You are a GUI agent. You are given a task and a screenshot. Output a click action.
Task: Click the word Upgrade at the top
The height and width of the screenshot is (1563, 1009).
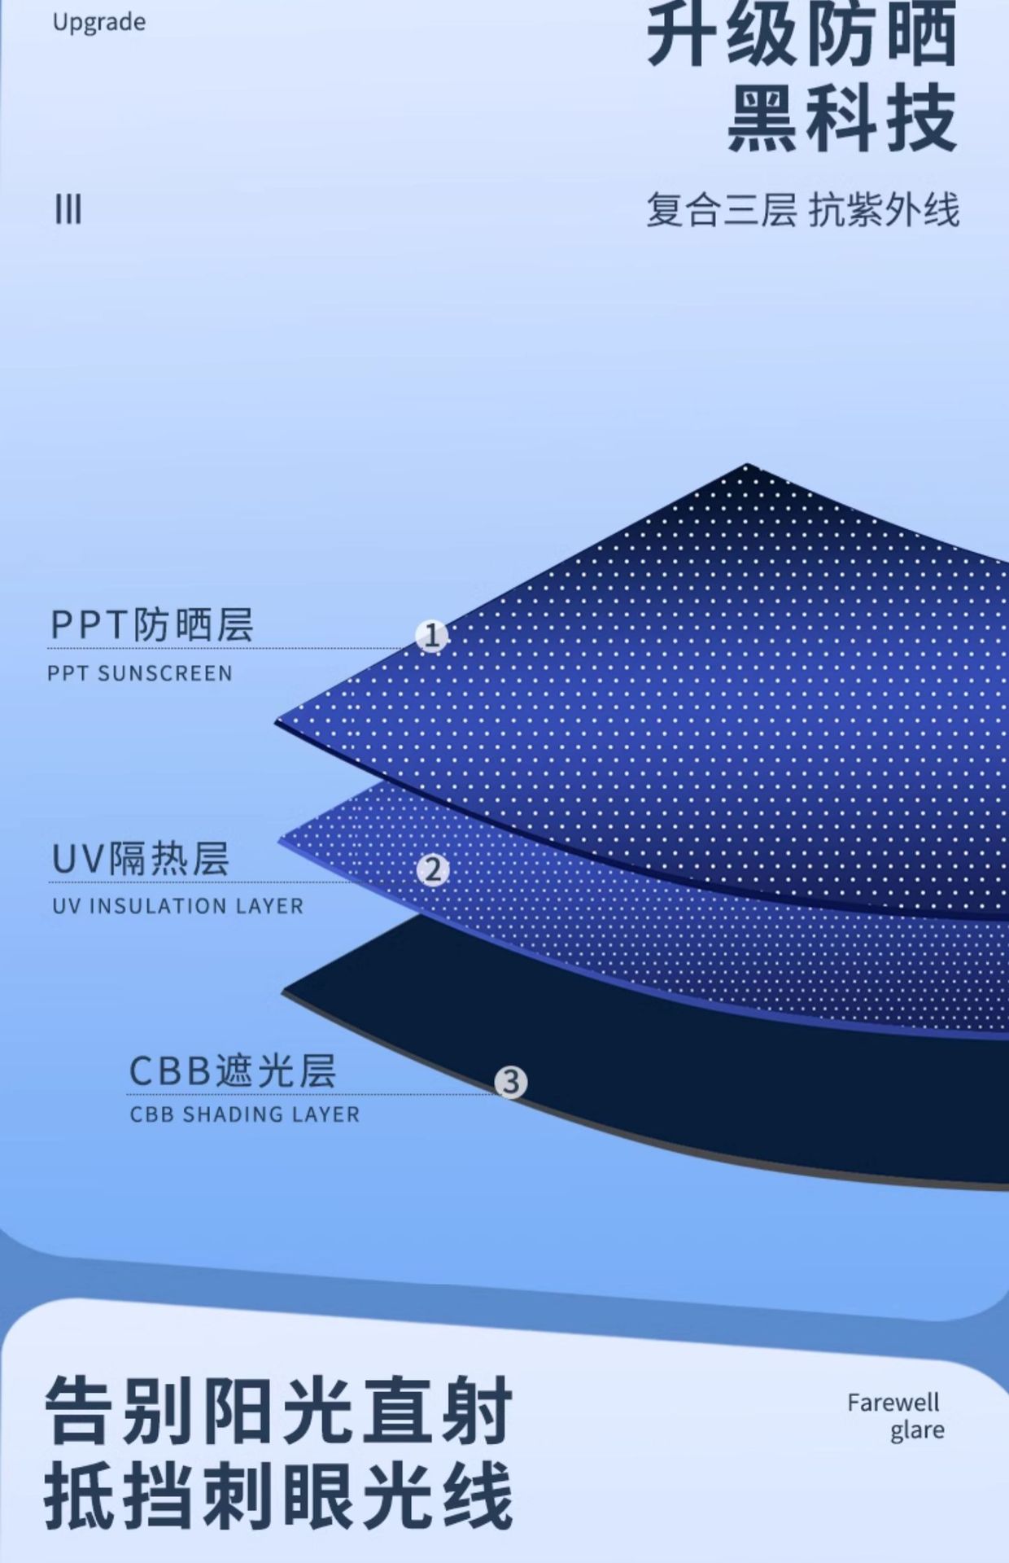click(99, 23)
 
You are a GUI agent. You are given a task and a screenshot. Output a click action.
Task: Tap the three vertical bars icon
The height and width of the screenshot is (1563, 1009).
click(68, 210)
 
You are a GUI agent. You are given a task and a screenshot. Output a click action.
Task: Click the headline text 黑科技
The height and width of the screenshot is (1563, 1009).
click(842, 119)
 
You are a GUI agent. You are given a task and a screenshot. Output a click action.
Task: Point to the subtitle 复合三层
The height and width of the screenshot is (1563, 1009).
click(721, 210)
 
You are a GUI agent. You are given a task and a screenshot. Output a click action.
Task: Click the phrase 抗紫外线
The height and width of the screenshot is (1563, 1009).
click(884, 210)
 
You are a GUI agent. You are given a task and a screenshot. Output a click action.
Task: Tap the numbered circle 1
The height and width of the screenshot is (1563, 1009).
click(431, 636)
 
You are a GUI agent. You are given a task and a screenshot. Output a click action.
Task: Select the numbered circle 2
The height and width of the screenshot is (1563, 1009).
click(433, 870)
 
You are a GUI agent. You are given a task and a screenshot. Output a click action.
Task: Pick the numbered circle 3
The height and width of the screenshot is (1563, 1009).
click(511, 1083)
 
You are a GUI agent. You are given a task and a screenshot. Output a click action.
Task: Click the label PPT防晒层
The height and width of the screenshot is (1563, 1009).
click(152, 625)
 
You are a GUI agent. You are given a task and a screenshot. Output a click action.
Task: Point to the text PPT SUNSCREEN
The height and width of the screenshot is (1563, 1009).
click(140, 673)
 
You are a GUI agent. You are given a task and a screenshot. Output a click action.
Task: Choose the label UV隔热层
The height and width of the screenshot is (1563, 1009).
click(140, 859)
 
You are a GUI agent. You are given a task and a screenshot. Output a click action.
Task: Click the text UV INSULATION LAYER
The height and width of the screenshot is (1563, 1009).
click(177, 906)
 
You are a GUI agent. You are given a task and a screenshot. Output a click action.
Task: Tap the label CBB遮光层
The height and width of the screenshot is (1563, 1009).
click(233, 1070)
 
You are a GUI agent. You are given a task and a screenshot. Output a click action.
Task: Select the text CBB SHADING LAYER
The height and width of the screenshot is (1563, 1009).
click(244, 1114)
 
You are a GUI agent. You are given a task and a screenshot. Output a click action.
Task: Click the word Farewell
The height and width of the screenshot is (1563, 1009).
click(893, 1403)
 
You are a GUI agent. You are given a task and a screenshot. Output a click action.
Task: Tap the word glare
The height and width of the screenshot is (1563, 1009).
click(917, 1430)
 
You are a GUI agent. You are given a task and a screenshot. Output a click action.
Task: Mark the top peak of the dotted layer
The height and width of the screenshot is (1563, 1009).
click(747, 466)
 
